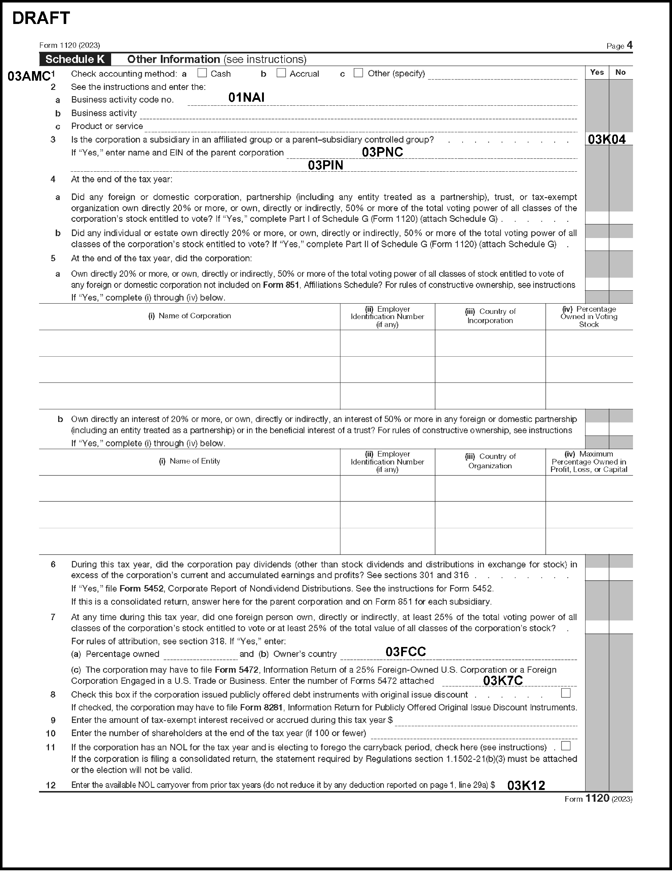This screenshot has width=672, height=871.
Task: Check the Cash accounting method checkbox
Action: coord(202,73)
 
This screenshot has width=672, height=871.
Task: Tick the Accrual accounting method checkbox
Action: coord(281,73)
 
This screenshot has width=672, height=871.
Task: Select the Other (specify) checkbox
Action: coord(358,73)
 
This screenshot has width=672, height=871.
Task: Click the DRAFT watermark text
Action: coord(41,18)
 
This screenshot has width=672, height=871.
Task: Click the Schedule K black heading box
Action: coord(75,59)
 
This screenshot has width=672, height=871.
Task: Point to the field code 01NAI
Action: coord(246,98)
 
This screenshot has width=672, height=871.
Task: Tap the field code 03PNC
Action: coord(382,152)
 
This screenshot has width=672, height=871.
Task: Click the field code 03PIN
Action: coord(325,165)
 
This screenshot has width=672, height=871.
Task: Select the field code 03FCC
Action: coord(406,652)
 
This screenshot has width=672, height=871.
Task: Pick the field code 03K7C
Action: coord(503,681)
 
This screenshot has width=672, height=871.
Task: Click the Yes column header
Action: coord(597,72)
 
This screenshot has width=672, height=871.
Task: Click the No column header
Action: coord(620,72)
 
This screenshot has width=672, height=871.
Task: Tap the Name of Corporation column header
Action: coord(190,316)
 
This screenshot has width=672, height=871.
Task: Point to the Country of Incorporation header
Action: coord(490,316)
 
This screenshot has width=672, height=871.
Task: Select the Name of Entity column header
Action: coord(190,461)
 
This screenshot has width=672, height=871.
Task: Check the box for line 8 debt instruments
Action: coord(565,693)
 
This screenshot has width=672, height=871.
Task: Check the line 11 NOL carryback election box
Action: coord(565,746)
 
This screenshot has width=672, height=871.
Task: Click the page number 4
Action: coord(629,45)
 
